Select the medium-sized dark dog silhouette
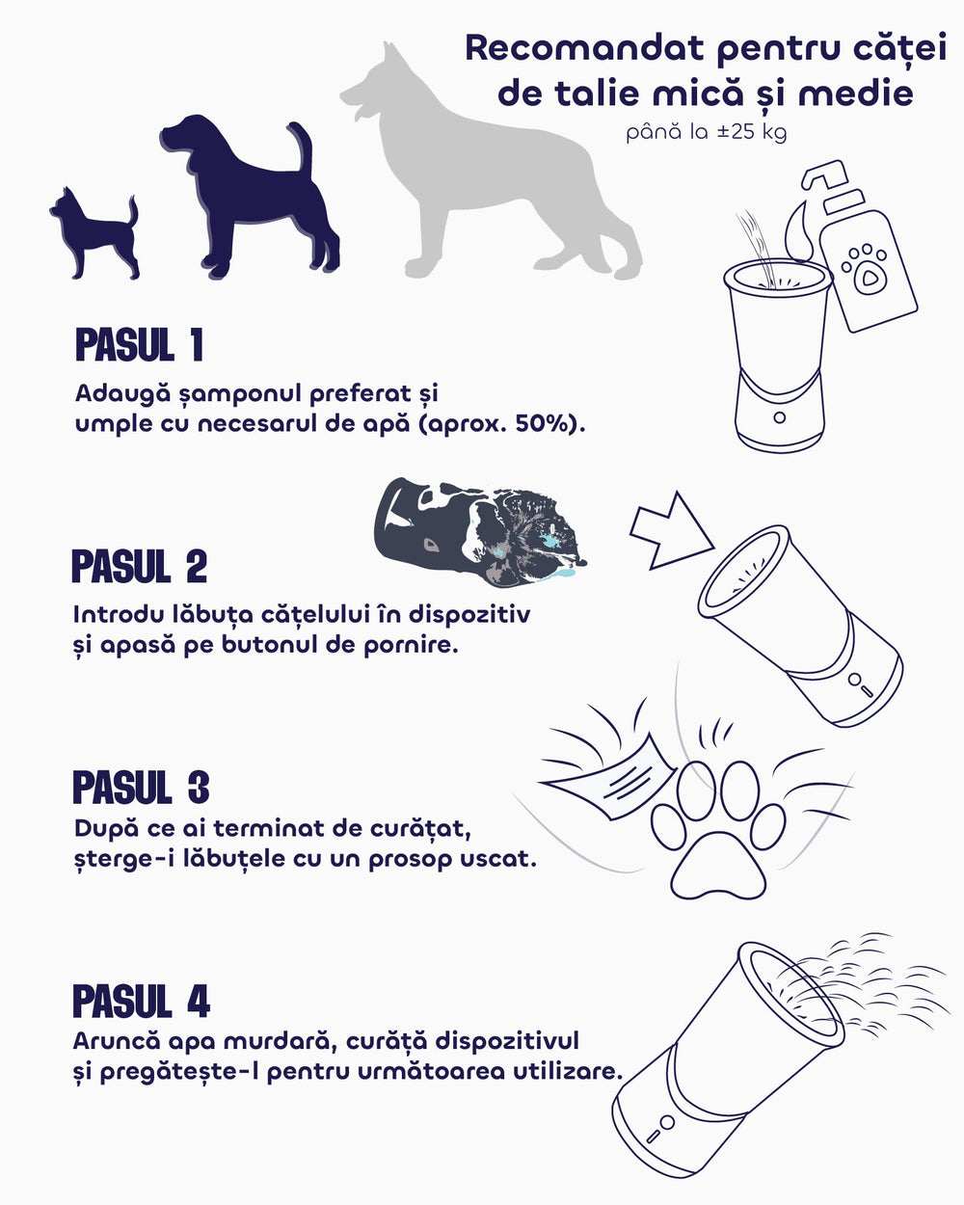click(x=247, y=201)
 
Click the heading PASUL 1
click(x=139, y=345)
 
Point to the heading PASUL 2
click(x=140, y=566)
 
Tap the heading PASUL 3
click(x=141, y=787)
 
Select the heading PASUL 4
click(x=141, y=1001)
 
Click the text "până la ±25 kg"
click(x=707, y=133)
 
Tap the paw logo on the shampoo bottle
click(x=866, y=268)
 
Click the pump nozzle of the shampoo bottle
click(x=822, y=174)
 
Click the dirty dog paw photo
click(x=480, y=532)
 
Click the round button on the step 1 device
click(x=779, y=417)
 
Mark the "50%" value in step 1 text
click(x=541, y=424)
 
